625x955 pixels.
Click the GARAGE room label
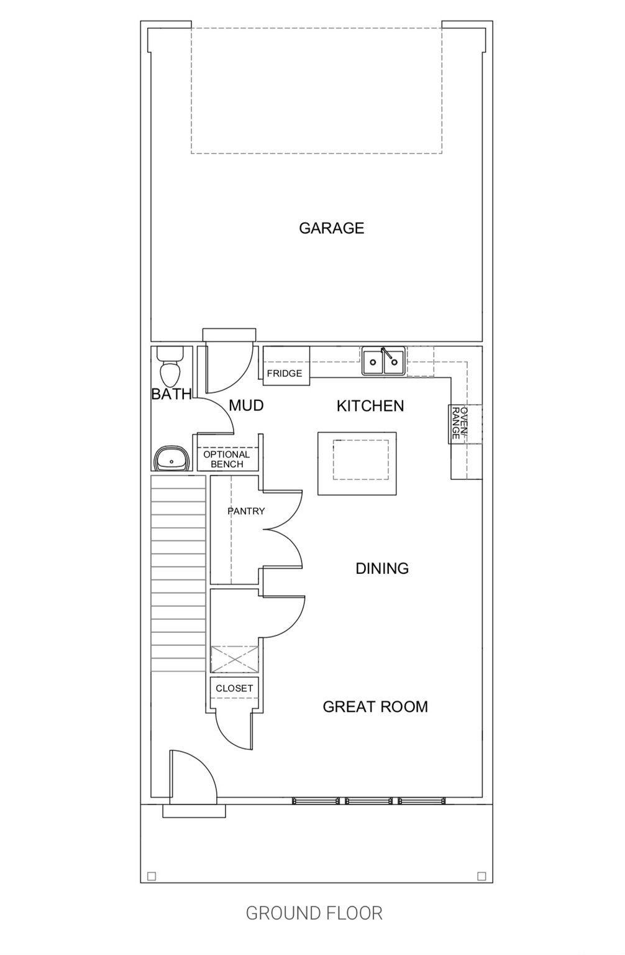(332, 228)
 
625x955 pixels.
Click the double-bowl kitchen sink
(383, 361)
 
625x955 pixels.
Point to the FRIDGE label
(285, 374)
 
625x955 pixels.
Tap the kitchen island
(357, 463)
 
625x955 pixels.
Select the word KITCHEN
(370, 406)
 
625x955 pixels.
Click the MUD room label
(246, 405)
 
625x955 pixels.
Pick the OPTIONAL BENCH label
(227, 459)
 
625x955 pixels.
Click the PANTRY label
(246, 510)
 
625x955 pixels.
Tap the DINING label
(382, 568)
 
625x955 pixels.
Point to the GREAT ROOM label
(375, 706)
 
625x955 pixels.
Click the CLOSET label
(234, 688)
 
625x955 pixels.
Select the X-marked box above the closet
(235, 659)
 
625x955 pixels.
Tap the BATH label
(171, 394)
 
